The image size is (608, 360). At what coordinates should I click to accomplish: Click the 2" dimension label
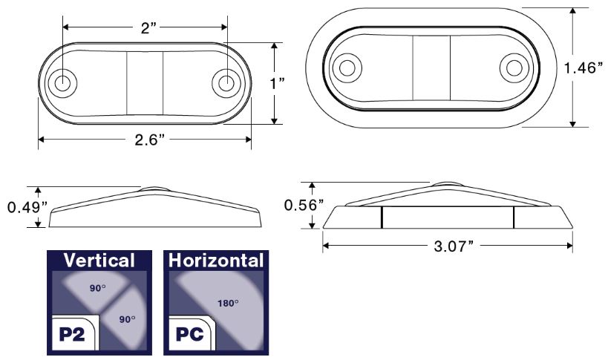(x=148, y=27)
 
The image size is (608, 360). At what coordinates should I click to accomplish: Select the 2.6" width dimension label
(x=150, y=140)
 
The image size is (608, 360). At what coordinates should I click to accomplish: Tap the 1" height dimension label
(x=277, y=83)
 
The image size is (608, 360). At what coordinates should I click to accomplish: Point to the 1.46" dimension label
(x=584, y=68)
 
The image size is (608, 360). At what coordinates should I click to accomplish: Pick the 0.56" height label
(x=304, y=205)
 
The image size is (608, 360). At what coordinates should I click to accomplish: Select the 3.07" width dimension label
(x=454, y=246)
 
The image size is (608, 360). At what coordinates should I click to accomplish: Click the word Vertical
(x=99, y=260)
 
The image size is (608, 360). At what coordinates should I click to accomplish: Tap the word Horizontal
(x=216, y=261)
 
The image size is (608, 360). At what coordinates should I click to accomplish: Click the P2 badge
(x=73, y=333)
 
